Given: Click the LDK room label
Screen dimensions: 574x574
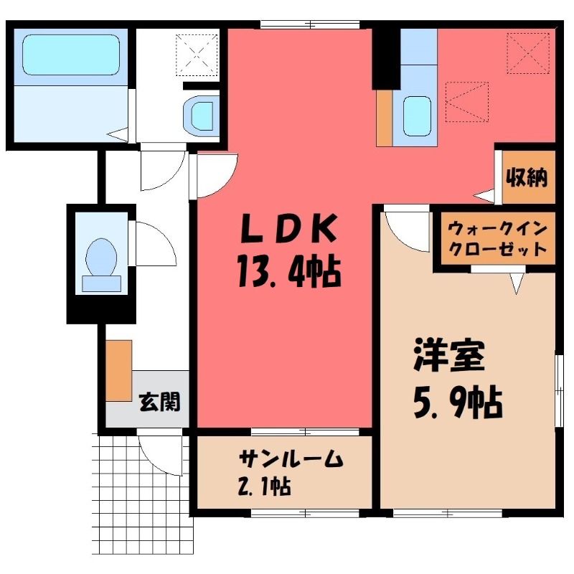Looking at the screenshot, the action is (x=288, y=227).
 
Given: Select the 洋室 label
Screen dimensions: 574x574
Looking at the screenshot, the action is (x=449, y=356).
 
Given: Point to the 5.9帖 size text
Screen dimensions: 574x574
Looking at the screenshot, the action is (x=458, y=402).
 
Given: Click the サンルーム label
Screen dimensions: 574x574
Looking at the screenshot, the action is (x=291, y=458).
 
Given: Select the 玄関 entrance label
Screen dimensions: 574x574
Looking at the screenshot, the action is (x=160, y=402).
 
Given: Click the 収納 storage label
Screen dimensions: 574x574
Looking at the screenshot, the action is (x=527, y=178).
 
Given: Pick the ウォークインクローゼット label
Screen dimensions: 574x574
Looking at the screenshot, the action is (x=497, y=240).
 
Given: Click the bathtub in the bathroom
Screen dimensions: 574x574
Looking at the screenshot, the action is (x=71, y=55).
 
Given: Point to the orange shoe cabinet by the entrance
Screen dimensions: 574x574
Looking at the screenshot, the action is (x=119, y=370).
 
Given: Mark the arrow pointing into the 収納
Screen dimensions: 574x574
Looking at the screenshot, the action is (x=484, y=196).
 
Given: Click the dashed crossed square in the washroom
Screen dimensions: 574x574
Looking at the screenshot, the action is (x=197, y=55).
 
